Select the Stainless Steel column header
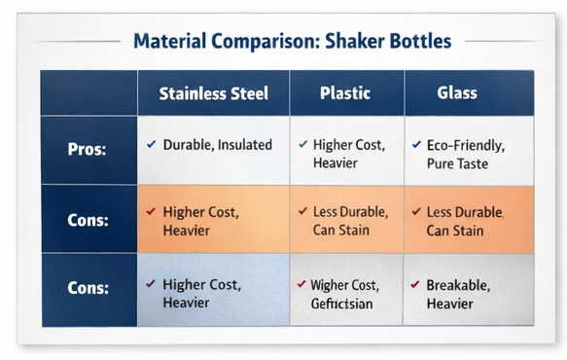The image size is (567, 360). tap(214, 94)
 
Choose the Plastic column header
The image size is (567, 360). tap(346, 94)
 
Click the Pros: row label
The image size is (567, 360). tap(89, 151)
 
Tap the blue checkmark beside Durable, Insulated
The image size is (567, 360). tap(151, 145)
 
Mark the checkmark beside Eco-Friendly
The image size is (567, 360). tap(417, 145)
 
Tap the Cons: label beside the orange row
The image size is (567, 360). tap(89, 220)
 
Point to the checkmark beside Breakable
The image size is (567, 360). tap(416, 285)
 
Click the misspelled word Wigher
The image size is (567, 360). tap(330, 285)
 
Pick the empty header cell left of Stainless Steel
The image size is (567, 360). tap(89, 94)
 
